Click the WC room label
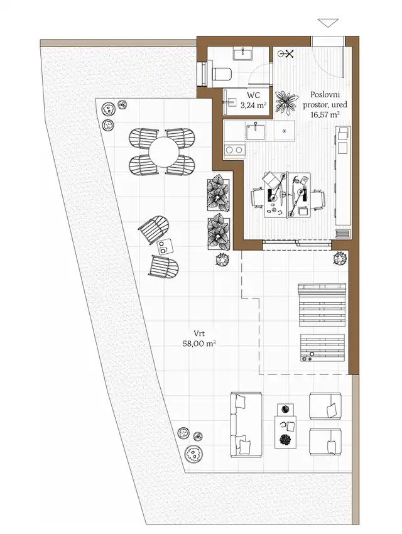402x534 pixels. pos(253,95)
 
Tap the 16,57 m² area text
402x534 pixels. pos(325,114)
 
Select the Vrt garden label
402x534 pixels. pos(200,333)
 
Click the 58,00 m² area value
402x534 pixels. pos(200,343)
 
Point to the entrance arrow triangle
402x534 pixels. pos(328,23)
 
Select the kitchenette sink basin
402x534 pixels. pos(256,132)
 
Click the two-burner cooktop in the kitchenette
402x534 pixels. pos(234,150)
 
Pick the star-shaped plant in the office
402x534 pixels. pos(286,102)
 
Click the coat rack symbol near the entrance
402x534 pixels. pos(286,53)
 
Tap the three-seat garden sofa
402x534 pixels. pos(246,425)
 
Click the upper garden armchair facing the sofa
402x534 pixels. pos(325,405)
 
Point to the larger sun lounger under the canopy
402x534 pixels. pos(322,305)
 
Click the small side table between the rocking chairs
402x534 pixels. pos(165,246)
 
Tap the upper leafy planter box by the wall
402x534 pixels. pos(218,192)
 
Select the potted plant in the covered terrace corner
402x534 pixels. pos(340,258)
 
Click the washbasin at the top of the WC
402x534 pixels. pos(242,54)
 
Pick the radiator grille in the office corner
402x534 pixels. pos(343,233)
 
